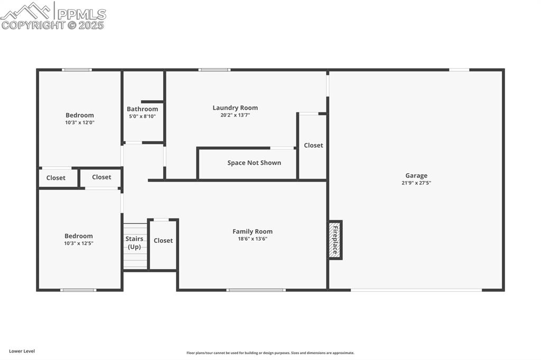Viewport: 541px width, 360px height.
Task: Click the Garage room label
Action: [x=416, y=176]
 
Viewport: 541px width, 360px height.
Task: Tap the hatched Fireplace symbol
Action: [x=334, y=240]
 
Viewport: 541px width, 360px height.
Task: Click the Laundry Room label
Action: [x=235, y=108]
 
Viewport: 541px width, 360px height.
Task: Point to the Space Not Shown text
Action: [x=254, y=163]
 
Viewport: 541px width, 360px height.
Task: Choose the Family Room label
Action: [x=253, y=231]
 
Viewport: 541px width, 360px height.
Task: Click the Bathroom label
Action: [x=142, y=109]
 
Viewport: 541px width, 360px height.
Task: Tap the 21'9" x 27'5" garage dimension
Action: [x=416, y=183]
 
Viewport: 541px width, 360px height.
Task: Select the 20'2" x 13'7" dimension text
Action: [x=235, y=115]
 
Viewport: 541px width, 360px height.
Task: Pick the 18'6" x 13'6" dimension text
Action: [x=253, y=239]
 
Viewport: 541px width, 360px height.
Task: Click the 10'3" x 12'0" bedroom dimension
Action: [x=80, y=122]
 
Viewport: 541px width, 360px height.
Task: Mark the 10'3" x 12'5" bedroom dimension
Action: [x=79, y=243]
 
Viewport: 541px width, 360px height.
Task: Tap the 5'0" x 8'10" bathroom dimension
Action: [x=142, y=116]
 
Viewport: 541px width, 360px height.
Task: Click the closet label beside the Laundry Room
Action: [x=313, y=145]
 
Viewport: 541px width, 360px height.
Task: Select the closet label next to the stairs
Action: [x=163, y=240]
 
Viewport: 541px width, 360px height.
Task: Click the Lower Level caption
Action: [x=22, y=351]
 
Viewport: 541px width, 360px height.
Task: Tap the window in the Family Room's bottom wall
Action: [x=256, y=290]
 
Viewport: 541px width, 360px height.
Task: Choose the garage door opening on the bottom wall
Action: [x=416, y=290]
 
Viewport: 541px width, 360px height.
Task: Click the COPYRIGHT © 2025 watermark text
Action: [x=53, y=25]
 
